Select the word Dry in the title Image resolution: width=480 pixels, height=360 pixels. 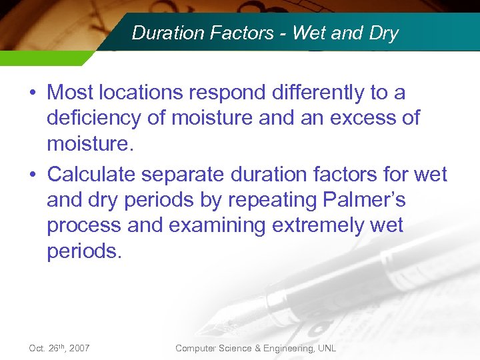382,33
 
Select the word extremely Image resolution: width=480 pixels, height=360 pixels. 319,225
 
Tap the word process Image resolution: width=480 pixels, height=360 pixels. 84,225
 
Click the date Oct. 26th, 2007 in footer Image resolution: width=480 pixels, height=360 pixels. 59,348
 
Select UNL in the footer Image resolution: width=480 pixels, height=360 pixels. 326,348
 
